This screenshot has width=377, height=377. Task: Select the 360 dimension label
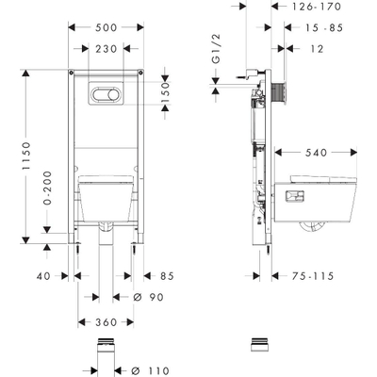coord(107,322)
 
